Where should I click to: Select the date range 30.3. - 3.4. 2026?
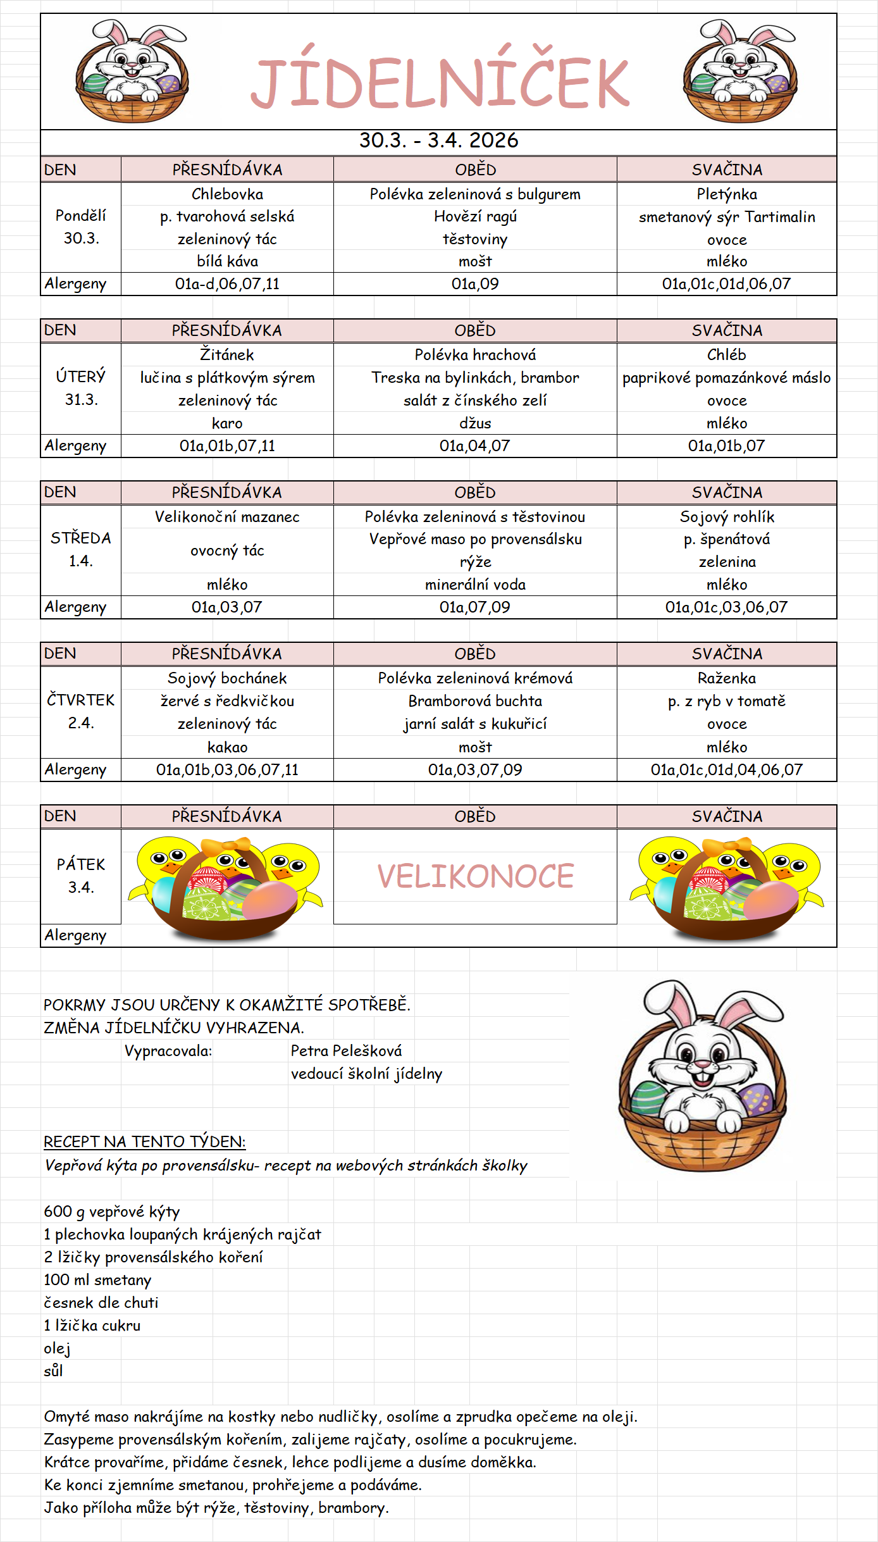click(438, 140)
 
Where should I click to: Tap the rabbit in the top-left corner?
click(132, 71)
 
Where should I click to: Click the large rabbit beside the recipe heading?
click(702, 1075)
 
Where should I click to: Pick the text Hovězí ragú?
click(475, 217)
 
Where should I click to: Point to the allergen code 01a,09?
click(475, 284)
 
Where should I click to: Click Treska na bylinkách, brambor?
click(475, 378)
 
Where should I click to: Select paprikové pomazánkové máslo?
click(726, 378)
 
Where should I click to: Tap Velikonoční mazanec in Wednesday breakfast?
click(227, 517)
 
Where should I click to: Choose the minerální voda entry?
click(475, 585)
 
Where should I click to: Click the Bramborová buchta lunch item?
click(475, 701)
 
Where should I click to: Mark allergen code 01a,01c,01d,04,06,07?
click(726, 770)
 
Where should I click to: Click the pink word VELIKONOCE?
click(475, 876)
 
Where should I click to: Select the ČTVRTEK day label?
click(81, 700)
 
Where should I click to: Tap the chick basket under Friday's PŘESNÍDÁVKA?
click(226, 886)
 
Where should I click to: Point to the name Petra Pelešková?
click(346, 1051)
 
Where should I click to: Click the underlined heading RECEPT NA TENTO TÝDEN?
click(144, 1142)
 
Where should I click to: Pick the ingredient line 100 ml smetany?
click(97, 1280)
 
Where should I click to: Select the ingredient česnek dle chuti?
click(101, 1303)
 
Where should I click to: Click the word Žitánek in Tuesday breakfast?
click(227, 355)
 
